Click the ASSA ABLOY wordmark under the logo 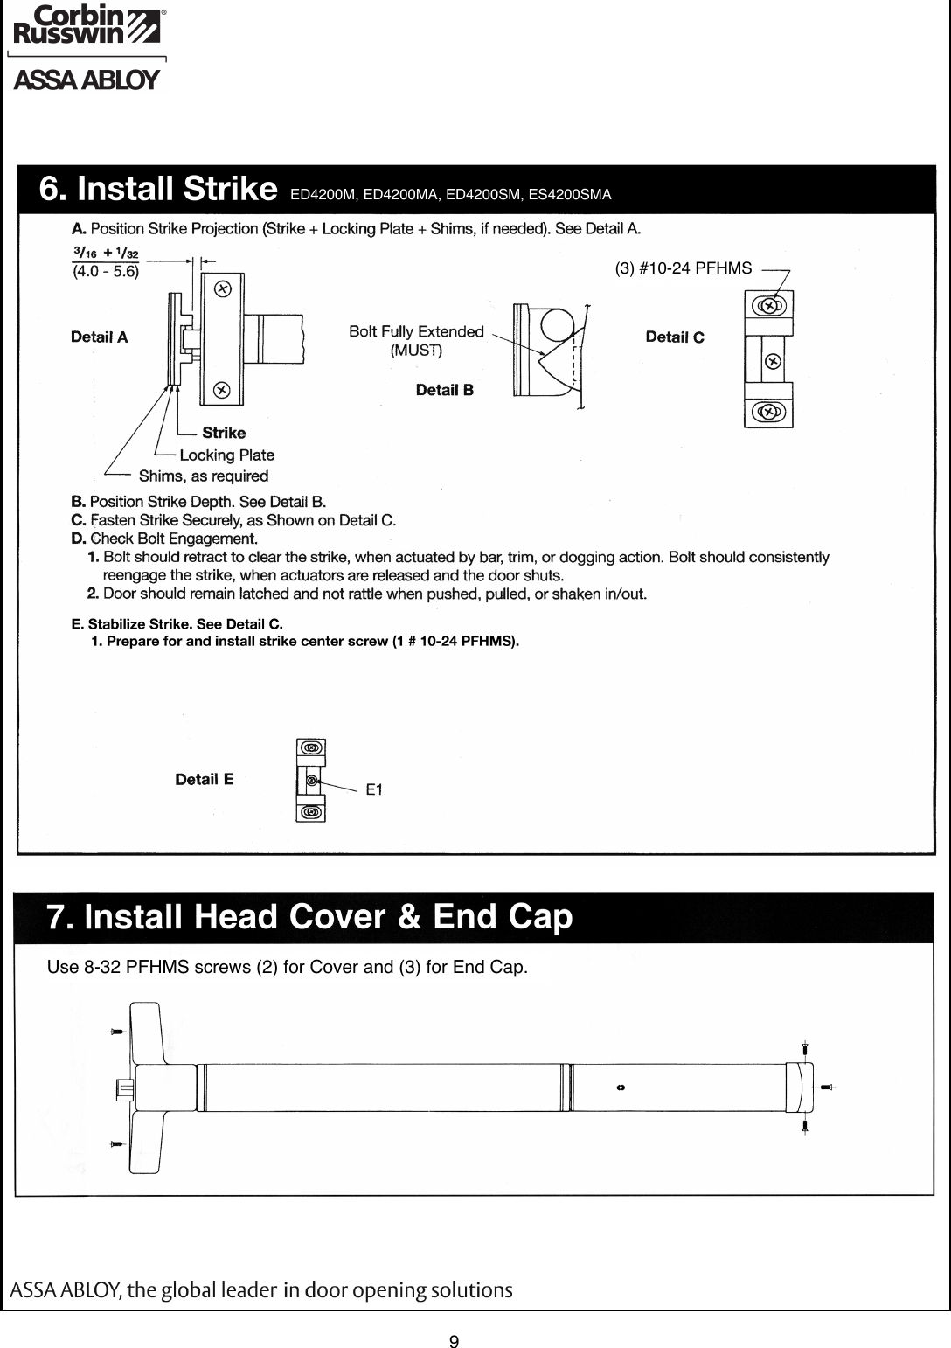86,81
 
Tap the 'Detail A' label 100,337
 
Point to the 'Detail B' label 445,390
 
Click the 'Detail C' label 675,337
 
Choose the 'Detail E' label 205,779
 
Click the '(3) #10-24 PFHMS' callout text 684,268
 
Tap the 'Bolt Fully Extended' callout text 416,331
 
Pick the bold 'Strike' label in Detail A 224,433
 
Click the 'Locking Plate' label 226,455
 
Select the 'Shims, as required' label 204,476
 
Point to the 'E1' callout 374,789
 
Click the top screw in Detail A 223,288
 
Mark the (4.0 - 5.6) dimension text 104,271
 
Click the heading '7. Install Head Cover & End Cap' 309,917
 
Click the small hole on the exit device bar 621,1087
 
